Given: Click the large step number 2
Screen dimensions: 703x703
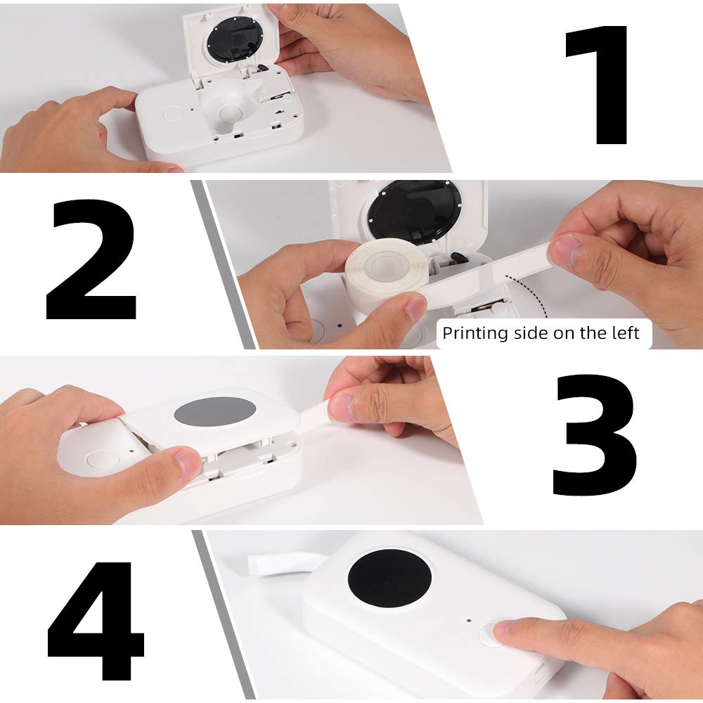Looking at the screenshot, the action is [91, 259].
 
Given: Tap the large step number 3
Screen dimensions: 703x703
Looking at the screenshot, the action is [595, 434].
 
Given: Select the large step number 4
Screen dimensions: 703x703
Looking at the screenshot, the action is [96, 621].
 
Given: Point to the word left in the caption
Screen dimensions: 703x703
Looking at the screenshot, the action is [626, 333].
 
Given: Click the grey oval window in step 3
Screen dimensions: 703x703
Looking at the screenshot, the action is [214, 412].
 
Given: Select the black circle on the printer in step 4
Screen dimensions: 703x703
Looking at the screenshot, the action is [389, 579].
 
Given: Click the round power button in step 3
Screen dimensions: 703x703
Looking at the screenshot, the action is [102, 460].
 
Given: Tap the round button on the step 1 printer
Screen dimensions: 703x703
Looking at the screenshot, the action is [173, 114].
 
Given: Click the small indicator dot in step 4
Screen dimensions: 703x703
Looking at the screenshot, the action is [469, 621].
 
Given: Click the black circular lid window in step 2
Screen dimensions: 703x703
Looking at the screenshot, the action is [415, 211].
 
